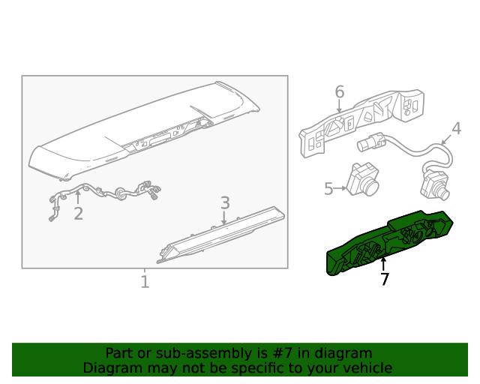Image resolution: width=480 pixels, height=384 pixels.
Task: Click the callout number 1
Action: (145, 282)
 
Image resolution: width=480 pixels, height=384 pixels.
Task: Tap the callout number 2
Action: (78, 214)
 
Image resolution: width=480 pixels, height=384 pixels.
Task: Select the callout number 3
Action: (224, 202)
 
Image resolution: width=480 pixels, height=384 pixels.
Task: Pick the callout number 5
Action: (328, 188)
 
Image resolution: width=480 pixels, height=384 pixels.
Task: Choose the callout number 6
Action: (339, 92)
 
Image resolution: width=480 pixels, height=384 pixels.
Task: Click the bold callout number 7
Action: (384, 280)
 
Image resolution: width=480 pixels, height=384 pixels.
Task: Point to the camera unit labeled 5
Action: (363, 178)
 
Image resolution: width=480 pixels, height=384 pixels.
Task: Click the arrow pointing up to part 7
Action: (383, 264)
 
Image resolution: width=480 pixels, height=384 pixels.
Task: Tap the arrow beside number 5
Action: (341, 188)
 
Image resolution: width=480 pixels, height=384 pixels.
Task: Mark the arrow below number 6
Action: (339, 107)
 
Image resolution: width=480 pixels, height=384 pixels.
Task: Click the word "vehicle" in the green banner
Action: (367, 367)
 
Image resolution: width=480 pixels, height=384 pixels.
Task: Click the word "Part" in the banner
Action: (118, 352)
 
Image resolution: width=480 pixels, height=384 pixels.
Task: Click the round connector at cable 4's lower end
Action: (435, 184)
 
